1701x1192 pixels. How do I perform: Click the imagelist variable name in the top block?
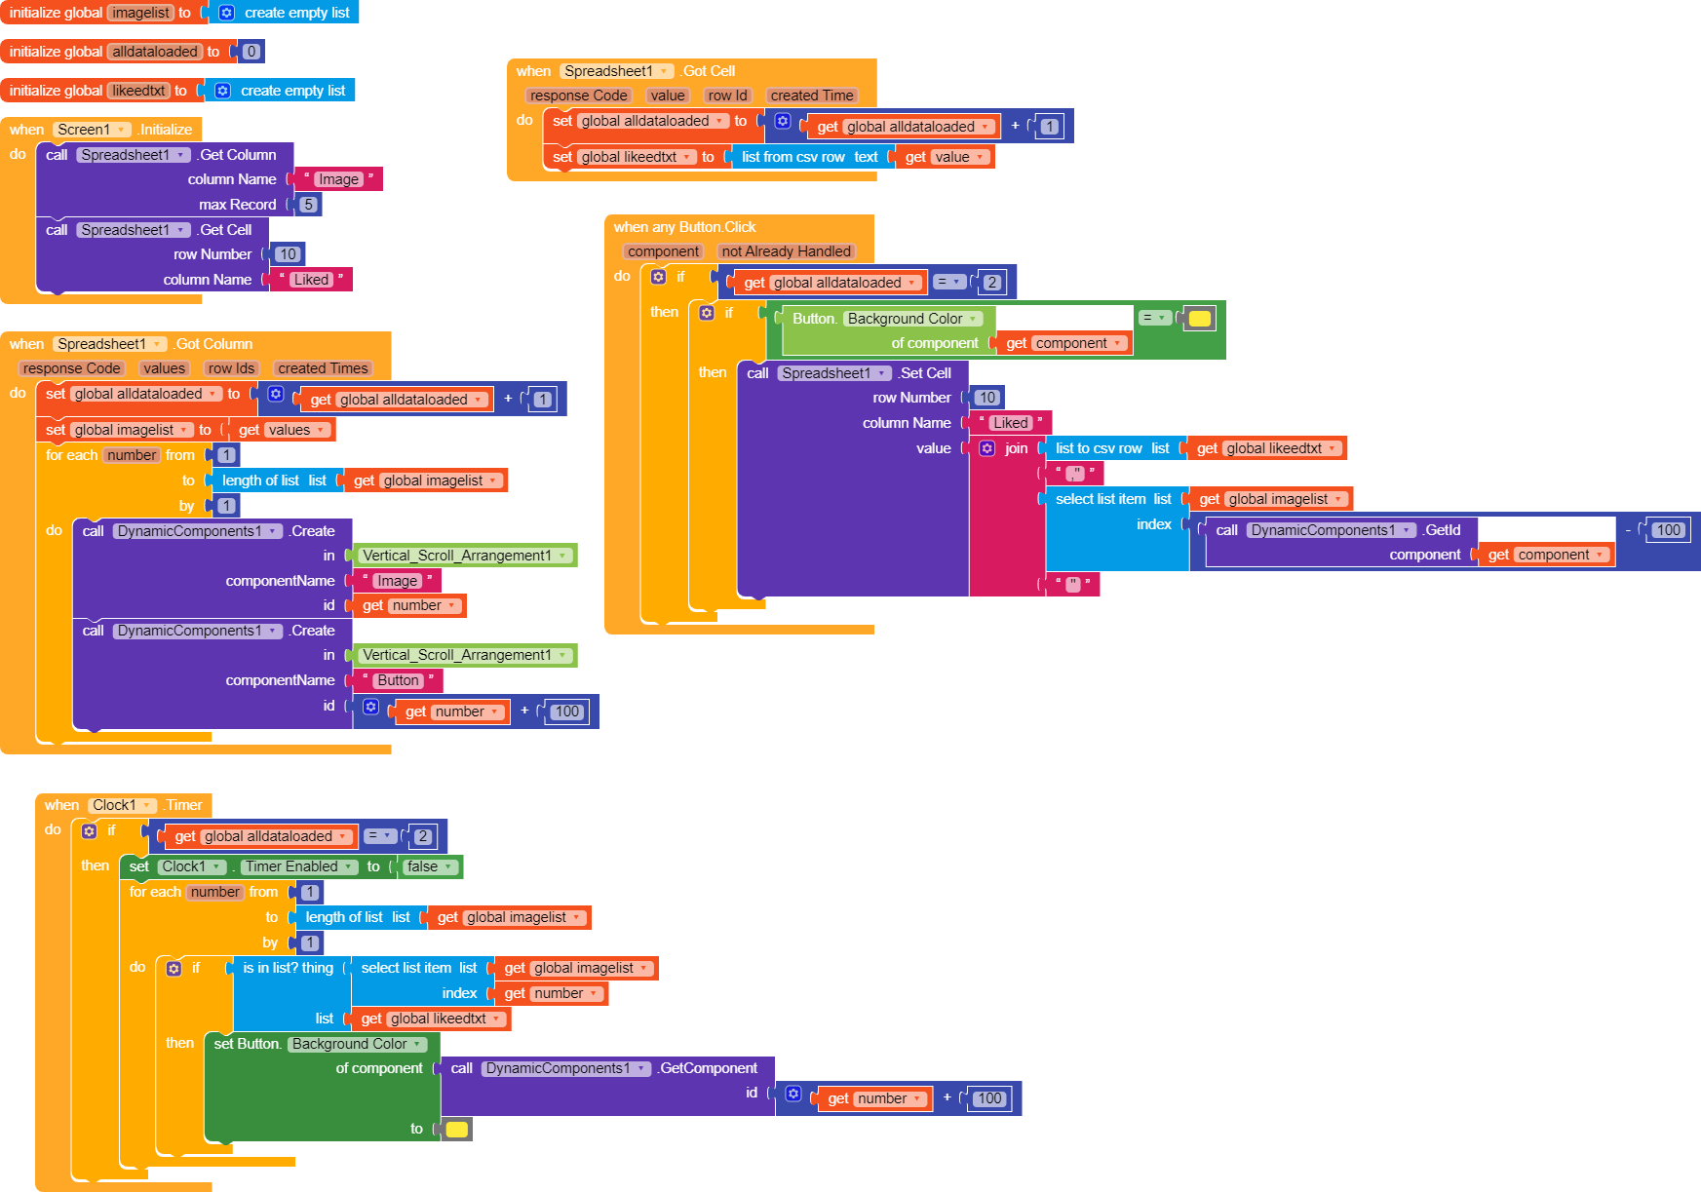(140, 13)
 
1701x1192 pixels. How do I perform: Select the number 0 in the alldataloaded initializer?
(251, 52)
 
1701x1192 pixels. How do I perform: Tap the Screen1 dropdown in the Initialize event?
(92, 130)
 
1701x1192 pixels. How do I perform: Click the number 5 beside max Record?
(308, 205)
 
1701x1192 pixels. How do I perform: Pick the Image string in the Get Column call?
(338, 179)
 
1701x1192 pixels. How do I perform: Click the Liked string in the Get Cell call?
(311, 280)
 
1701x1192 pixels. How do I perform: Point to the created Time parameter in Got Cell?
(812, 96)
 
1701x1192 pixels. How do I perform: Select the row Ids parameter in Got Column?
(231, 368)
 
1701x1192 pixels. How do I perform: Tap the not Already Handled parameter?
(786, 251)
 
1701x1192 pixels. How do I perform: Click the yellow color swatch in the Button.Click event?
(1200, 318)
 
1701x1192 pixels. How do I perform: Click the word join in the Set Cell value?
(1016, 448)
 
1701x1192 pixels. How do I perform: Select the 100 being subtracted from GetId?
(1668, 530)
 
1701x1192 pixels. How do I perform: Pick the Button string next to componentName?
(398, 680)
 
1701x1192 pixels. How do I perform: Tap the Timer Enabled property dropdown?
(298, 866)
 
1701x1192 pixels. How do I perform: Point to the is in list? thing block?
(288, 968)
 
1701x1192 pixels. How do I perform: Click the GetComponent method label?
(709, 1068)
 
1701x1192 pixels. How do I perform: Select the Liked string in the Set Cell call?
(1010, 423)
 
